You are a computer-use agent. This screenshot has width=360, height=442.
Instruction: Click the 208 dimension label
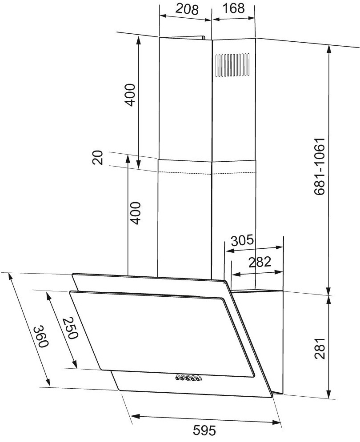coord(187,9)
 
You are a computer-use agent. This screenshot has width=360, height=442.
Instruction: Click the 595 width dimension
coord(204,430)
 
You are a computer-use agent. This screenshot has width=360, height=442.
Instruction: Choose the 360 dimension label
coord(41,337)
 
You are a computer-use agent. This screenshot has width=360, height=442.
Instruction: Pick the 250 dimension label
coord(70,328)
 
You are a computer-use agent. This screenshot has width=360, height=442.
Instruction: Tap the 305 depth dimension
coord(242,240)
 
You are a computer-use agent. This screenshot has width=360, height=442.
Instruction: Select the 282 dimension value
coord(260,262)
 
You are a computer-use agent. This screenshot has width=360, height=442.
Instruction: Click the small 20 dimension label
coord(98,158)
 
